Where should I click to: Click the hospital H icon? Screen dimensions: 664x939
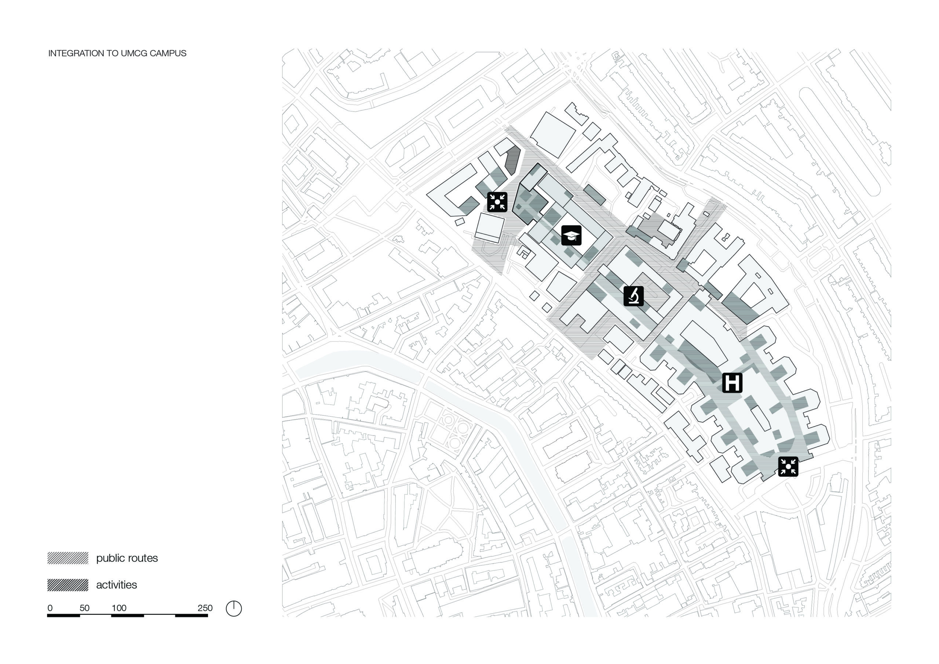(732, 383)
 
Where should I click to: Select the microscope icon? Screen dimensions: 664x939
(633, 296)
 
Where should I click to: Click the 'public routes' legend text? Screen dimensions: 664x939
(127, 558)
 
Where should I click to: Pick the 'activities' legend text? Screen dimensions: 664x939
(117, 585)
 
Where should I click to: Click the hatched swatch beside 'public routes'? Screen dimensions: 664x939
(68, 558)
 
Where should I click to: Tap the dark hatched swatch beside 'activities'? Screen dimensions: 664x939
(68, 585)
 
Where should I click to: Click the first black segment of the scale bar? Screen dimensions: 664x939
(63, 616)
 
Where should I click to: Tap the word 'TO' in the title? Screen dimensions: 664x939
(112, 54)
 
